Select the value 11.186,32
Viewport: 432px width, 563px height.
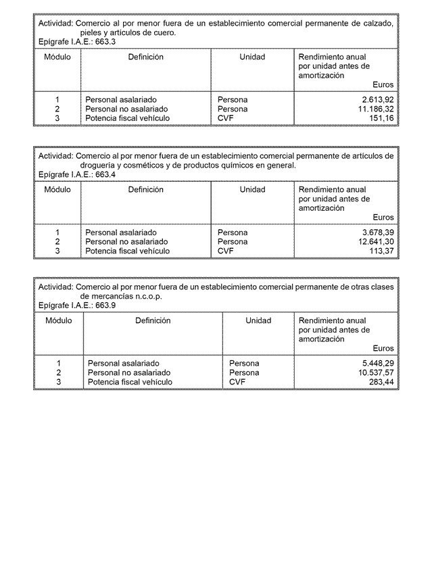375,109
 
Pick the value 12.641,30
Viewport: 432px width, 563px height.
375,241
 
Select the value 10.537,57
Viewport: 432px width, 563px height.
375,372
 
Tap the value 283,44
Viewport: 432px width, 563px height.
381,382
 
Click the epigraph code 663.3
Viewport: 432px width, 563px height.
105,42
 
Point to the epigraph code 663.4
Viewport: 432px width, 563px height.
105,174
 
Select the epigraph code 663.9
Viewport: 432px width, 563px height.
105,305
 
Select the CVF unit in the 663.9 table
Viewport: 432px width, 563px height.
237,382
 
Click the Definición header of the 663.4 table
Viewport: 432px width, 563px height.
145,190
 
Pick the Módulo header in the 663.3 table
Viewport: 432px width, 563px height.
57,57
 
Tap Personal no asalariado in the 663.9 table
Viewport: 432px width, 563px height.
129,372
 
